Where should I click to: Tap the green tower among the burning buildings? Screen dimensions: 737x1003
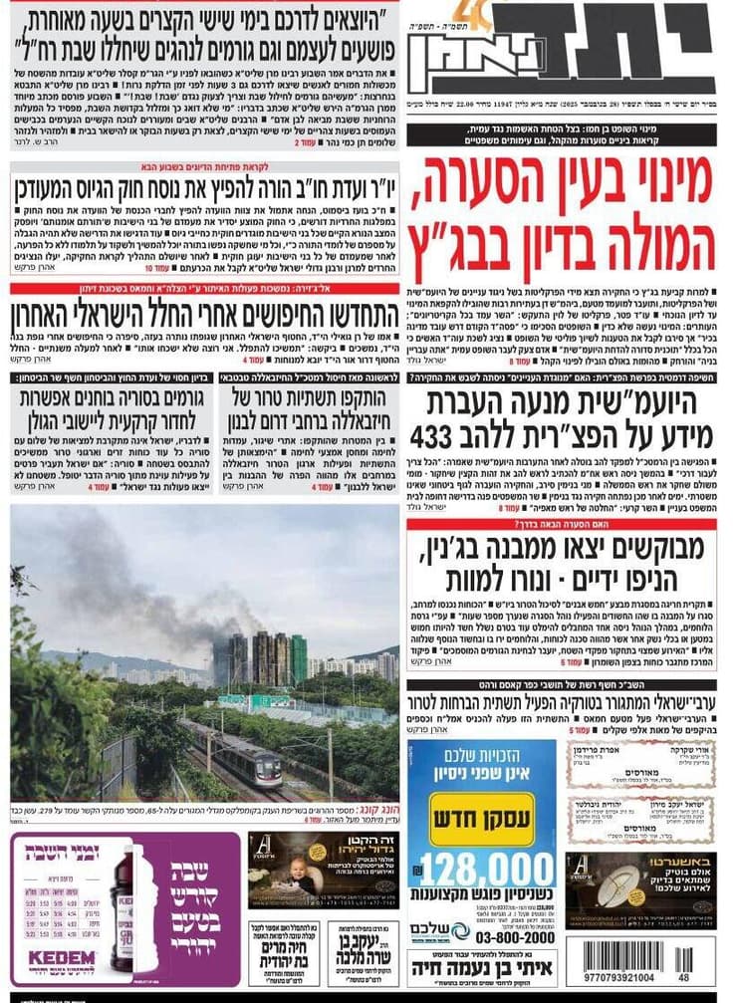click(x=298, y=657)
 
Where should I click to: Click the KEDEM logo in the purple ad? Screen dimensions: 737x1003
click(x=62, y=958)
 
